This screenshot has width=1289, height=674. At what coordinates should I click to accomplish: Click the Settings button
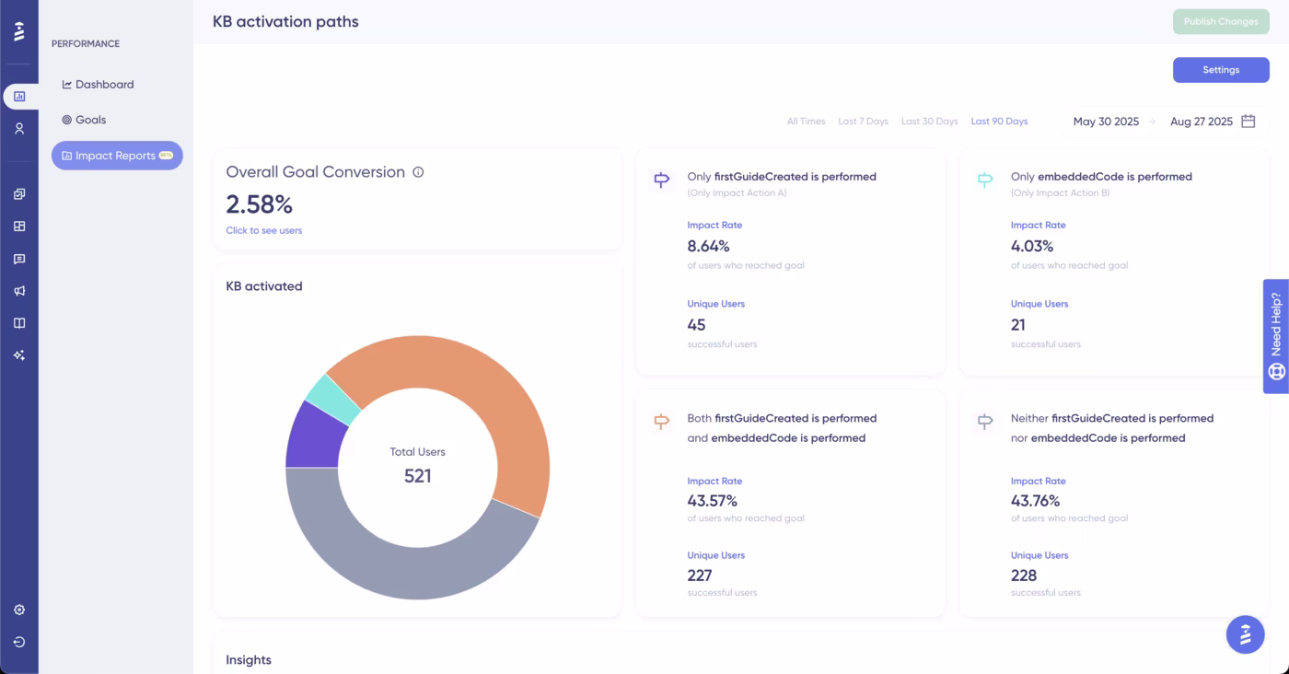click(1220, 70)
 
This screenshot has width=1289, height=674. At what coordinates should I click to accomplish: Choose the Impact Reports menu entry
click(116, 156)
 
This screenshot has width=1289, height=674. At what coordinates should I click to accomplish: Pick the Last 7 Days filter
click(863, 122)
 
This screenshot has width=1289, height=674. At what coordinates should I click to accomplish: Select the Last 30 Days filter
click(929, 122)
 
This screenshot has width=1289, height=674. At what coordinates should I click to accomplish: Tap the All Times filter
click(806, 122)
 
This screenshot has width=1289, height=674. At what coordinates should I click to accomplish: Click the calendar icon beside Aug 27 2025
click(1248, 122)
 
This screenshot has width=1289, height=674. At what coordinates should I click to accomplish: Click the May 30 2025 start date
click(1106, 122)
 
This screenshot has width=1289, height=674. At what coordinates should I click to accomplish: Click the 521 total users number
click(417, 476)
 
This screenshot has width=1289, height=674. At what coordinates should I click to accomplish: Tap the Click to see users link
click(263, 230)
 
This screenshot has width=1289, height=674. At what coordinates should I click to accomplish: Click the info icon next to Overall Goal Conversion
click(418, 172)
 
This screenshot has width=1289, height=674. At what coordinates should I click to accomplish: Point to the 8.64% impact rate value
click(708, 246)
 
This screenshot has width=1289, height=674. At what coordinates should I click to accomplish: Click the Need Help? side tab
click(1275, 336)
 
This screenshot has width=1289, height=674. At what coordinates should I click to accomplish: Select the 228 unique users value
click(1023, 575)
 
